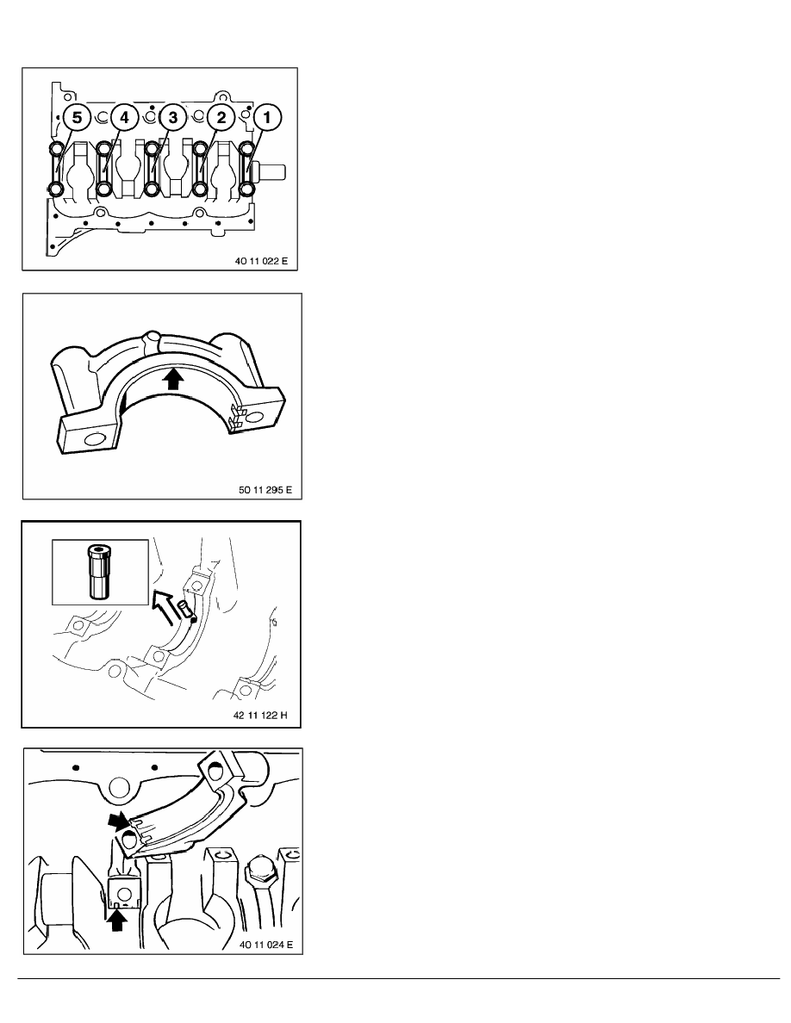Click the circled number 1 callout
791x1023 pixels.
(265, 118)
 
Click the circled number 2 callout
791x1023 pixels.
(221, 118)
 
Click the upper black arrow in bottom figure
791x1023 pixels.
(115, 821)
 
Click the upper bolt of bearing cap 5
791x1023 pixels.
(56, 150)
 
